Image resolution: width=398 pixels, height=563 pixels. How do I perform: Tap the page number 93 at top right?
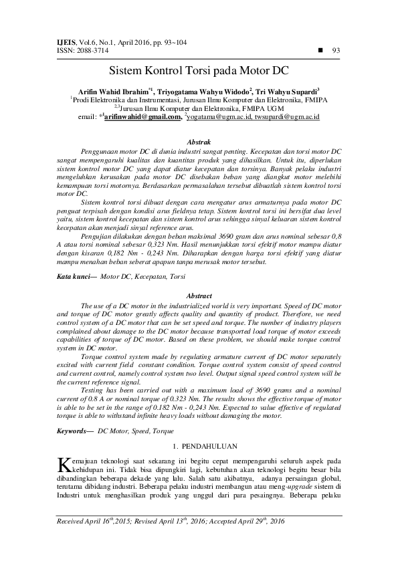click(x=336, y=50)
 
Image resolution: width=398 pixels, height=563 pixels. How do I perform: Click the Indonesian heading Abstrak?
click(x=199, y=142)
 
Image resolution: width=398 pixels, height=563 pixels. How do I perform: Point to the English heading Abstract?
click(x=199, y=295)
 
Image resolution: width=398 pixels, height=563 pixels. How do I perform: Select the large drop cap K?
click(x=64, y=464)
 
